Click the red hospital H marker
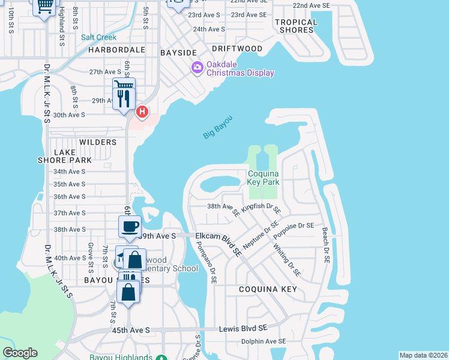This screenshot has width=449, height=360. tap(142, 112)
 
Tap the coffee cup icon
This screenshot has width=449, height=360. tap(130, 227)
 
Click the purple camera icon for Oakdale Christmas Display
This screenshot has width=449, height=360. tap(197, 68)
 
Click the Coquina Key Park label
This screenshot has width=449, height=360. tap(264, 178)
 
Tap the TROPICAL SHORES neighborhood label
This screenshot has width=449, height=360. tap(295, 26)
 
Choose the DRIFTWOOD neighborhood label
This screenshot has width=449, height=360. tap(237, 48)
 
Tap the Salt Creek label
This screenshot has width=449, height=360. tap(99, 37)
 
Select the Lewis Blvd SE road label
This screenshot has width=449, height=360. tap(247, 328)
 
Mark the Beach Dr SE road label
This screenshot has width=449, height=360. tap(325, 245)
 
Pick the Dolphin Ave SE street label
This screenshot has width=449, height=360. tap(264, 341)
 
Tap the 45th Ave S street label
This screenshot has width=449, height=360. tap(130, 330)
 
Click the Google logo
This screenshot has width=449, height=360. tap(20, 353)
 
